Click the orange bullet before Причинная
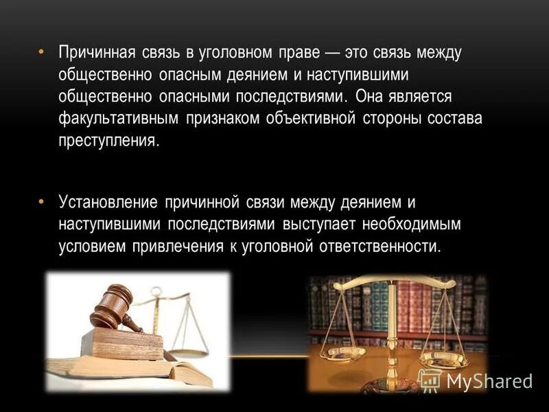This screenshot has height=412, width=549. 40,52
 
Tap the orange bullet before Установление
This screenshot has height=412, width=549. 40,201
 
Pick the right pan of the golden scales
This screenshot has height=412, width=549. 443,358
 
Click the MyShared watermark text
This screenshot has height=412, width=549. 489,381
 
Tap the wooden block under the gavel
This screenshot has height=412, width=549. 124,343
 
